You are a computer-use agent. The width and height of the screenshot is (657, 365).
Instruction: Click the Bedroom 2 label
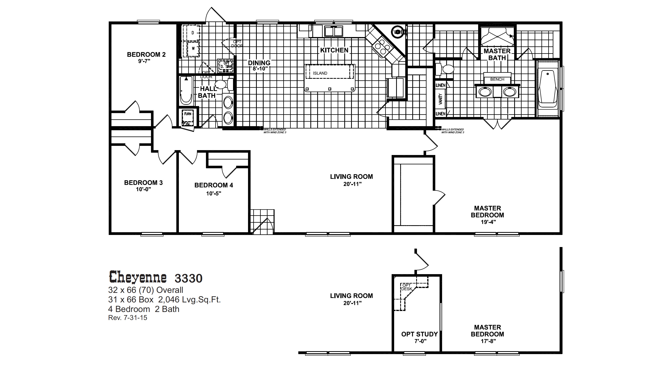click(146, 54)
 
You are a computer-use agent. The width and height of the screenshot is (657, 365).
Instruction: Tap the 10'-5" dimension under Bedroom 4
click(214, 193)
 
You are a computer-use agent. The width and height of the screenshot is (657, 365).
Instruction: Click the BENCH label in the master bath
click(497, 79)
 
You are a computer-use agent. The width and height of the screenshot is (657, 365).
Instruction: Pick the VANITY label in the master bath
click(440, 99)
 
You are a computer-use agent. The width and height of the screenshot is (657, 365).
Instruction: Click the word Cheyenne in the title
click(138, 277)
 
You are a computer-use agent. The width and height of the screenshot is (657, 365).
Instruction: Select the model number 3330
click(188, 278)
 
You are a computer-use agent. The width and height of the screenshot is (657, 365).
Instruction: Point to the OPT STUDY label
click(419, 334)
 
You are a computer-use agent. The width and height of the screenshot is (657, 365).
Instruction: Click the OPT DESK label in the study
click(407, 287)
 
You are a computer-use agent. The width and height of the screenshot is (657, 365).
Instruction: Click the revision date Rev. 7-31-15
click(128, 318)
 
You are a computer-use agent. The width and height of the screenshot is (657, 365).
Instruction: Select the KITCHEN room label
click(334, 50)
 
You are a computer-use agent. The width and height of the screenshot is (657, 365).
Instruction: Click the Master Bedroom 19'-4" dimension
click(488, 222)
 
